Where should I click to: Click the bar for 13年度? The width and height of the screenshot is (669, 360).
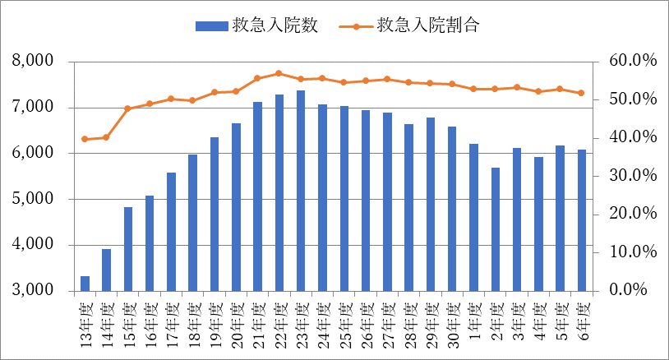pos(85,284)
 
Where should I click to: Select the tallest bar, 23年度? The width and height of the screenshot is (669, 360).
pos(301,191)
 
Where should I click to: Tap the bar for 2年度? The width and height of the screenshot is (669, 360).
pos(495,229)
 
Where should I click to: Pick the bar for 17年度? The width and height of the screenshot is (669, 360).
pos(172,232)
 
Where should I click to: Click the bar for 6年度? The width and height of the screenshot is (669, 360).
pos(581,220)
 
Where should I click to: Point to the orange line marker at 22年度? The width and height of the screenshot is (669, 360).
pos(279,73)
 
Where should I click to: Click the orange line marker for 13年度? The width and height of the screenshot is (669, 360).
pos(85,139)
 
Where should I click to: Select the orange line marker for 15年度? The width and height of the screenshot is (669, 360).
pos(128,108)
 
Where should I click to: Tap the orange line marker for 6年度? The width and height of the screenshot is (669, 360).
pos(581,93)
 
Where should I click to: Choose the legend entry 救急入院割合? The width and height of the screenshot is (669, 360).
pos(409,25)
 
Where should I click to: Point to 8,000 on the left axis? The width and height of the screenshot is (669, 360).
pos(34,62)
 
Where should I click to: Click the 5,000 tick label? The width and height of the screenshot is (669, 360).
pos(34,199)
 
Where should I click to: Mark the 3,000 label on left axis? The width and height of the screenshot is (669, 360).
pos(34,291)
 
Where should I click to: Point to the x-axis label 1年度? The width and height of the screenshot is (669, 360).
pos(473,316)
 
